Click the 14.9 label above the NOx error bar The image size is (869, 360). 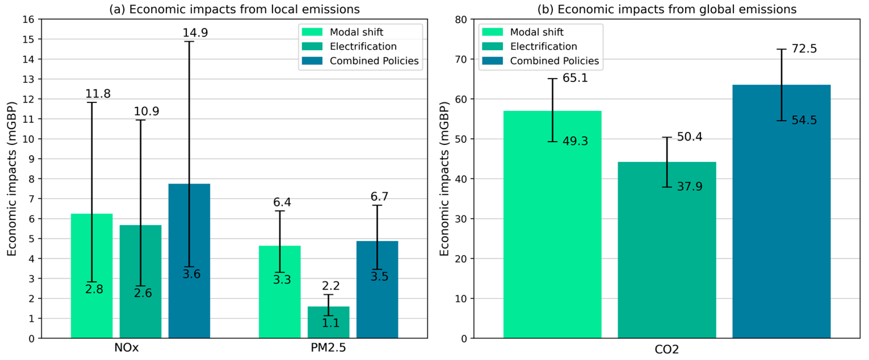(x=195, y=33)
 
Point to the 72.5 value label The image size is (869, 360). (x=804, y=49)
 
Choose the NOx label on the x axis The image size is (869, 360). (x=126, y=348)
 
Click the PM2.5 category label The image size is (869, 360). (x=328, y=348)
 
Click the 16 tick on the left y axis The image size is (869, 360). (x=28, y=20)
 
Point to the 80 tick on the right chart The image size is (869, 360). (x=460, y=20)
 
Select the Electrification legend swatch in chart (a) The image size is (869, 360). (x=312, y=46)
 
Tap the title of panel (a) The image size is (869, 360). (x=234, y=9)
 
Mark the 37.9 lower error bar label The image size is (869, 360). (x=689, y=186)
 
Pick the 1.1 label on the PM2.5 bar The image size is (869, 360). (x=330, y=323)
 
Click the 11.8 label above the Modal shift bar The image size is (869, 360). (x=98, y=93)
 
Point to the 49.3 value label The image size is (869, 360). (x=575, y=141)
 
